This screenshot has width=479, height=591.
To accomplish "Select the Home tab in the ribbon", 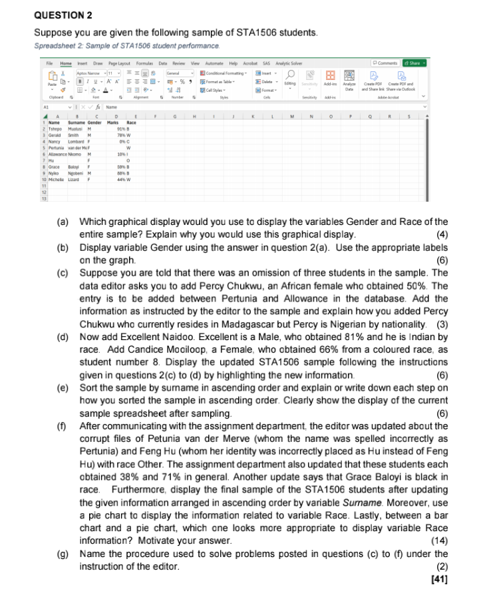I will tap(65, 63).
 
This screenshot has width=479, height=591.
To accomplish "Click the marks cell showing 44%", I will tap(122, 180).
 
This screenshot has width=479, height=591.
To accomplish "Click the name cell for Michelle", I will tap(56, 180).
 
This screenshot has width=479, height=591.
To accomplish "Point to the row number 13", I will tap(44, 198).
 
